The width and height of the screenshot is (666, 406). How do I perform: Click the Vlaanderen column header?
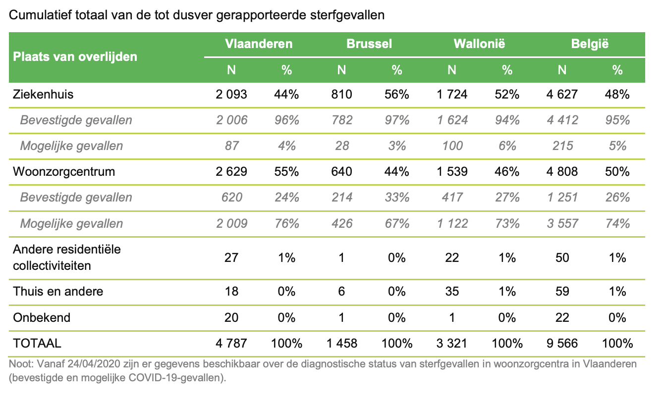pos(259,44)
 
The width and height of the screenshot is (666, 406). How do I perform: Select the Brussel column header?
pos(369,44)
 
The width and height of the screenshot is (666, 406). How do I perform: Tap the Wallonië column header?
pos(479,44)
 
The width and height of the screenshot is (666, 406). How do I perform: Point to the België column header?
pos(590,44)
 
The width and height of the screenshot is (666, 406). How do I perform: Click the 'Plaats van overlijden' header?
pos(75,56)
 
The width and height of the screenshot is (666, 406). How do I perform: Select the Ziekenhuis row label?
pos(43,94)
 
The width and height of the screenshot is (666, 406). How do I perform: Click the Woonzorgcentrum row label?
pos(64,171)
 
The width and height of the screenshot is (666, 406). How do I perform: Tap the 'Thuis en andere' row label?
pos(58,291)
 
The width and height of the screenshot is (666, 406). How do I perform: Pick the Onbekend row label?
pos(42,317)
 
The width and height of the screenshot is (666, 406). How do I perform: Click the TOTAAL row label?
pos(37,343)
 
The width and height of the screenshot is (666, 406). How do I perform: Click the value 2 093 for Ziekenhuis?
pos(231,94)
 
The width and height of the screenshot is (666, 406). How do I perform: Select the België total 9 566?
pos(561,343)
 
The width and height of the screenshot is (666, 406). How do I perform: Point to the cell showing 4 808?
pos(561,171)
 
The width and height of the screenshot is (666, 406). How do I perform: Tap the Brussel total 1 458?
pos(341,343)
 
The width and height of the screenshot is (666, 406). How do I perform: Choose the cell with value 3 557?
pos(561,223)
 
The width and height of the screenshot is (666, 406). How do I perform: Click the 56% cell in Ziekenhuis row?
pos(396,94)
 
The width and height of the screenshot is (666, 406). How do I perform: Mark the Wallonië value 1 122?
pos(451,223)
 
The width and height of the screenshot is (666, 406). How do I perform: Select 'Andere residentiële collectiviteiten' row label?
pos(66,257)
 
